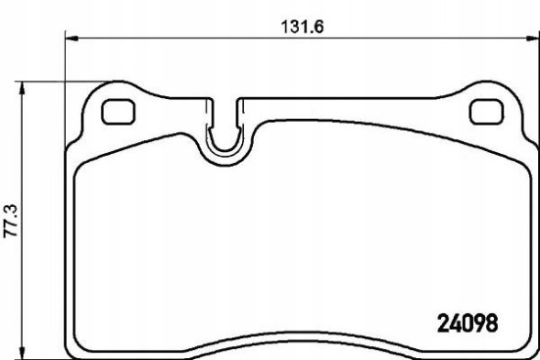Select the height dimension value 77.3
click(x=11, y=221)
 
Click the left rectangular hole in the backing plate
click(x=116, y=111)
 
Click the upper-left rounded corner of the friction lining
click(x=83, y=161)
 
